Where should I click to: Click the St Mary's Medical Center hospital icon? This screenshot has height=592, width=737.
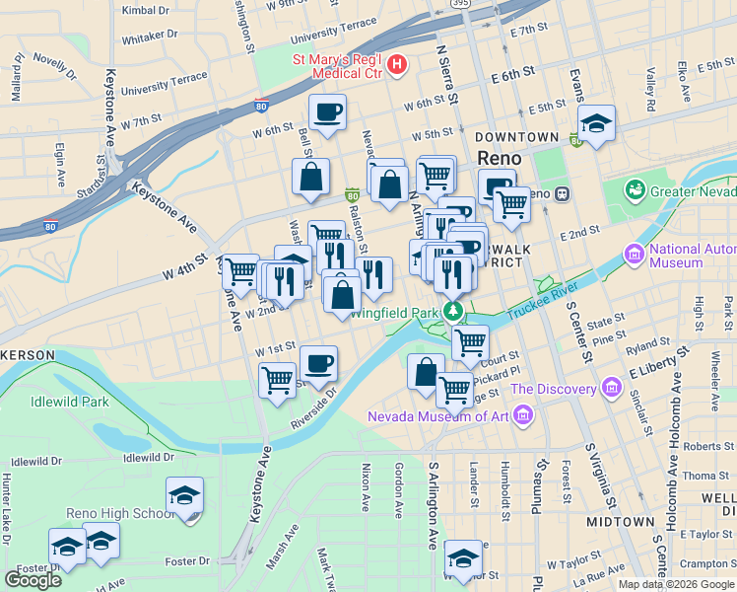(x=397, y=66)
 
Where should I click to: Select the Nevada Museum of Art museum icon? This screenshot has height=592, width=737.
(x=521, y=415)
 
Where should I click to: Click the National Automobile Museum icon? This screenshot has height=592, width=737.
(x=634, y=257)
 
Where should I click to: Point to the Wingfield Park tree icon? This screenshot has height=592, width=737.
(x=453, y=313)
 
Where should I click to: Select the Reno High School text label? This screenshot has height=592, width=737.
(x=120, y=513)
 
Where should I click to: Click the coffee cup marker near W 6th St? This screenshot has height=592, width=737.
(x=327, y=111)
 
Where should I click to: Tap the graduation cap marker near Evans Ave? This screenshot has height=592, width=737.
(x=596, y=123)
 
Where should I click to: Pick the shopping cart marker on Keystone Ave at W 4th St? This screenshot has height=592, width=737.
(x=239, y=270)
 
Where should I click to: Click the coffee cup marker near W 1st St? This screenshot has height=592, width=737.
(x=317, y=363)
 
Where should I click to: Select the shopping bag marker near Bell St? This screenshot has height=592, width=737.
(x=310, y=177)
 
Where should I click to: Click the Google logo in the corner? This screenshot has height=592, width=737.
(x=33, y=579)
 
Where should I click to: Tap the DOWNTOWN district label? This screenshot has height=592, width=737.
(x=516, y=136)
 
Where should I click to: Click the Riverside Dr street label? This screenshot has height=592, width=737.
(x=313, y=407)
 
